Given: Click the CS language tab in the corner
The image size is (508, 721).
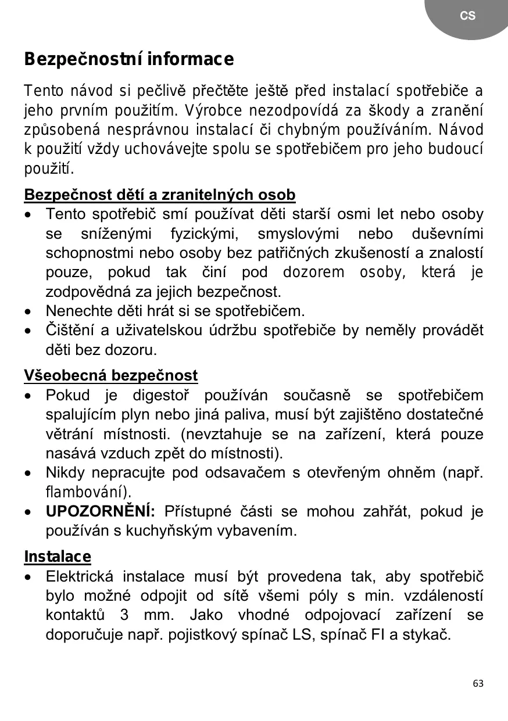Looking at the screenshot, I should click(x=467, y=16).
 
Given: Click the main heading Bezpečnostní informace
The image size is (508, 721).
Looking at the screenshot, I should click(x=129, y=59).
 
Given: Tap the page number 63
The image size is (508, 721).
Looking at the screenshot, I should click(x=478, y=683).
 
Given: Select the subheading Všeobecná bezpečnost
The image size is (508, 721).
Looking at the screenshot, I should click(x=111, y=375).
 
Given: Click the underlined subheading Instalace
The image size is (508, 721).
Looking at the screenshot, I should click(x=58, y=557).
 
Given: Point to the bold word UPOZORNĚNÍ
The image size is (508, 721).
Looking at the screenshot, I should click(x=100, y=511).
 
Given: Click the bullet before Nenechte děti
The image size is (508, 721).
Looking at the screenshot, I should click(x=28, y=312).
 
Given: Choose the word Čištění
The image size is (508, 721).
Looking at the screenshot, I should click(x=69, y=331).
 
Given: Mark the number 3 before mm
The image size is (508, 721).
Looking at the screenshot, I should click(x=124, y=615).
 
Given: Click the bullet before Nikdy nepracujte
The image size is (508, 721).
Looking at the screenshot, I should click(x=28, y=474).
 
